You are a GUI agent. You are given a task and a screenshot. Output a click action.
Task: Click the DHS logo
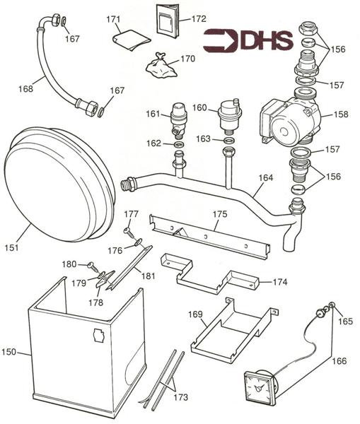248,40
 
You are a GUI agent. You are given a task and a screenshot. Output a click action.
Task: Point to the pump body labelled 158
286,118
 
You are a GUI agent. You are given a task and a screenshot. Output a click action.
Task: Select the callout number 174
281,281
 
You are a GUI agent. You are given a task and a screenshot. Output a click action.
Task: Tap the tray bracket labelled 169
230,329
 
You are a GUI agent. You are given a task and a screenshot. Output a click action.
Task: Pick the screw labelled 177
127,229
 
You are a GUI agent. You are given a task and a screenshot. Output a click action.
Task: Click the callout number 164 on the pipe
265,178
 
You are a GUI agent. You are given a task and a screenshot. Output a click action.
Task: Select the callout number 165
344,320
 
